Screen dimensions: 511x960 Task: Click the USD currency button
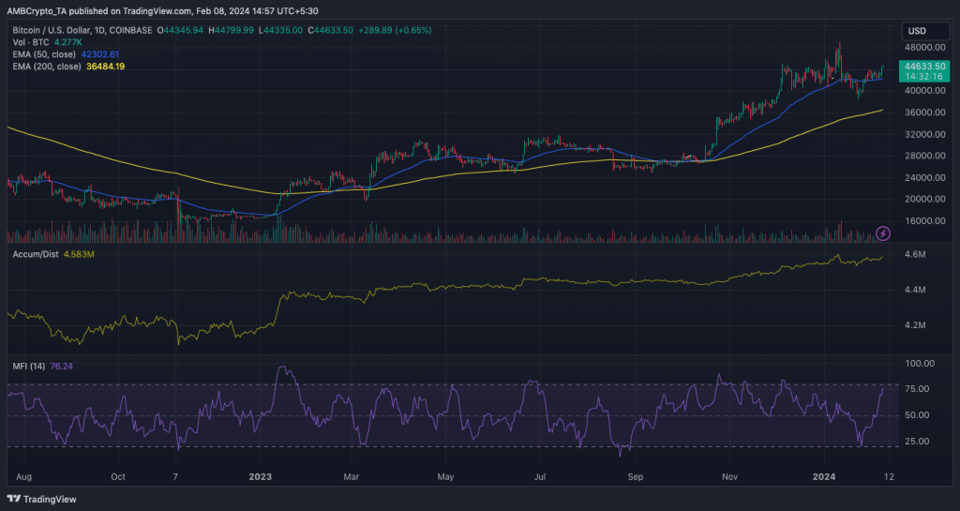pos(917,31)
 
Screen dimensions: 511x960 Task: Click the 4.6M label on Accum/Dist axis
pos(915,255)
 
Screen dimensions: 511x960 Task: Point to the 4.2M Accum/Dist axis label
pos(915,325)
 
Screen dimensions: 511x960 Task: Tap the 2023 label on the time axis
pos(260,476)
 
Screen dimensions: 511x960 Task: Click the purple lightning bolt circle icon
pos(883,233)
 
